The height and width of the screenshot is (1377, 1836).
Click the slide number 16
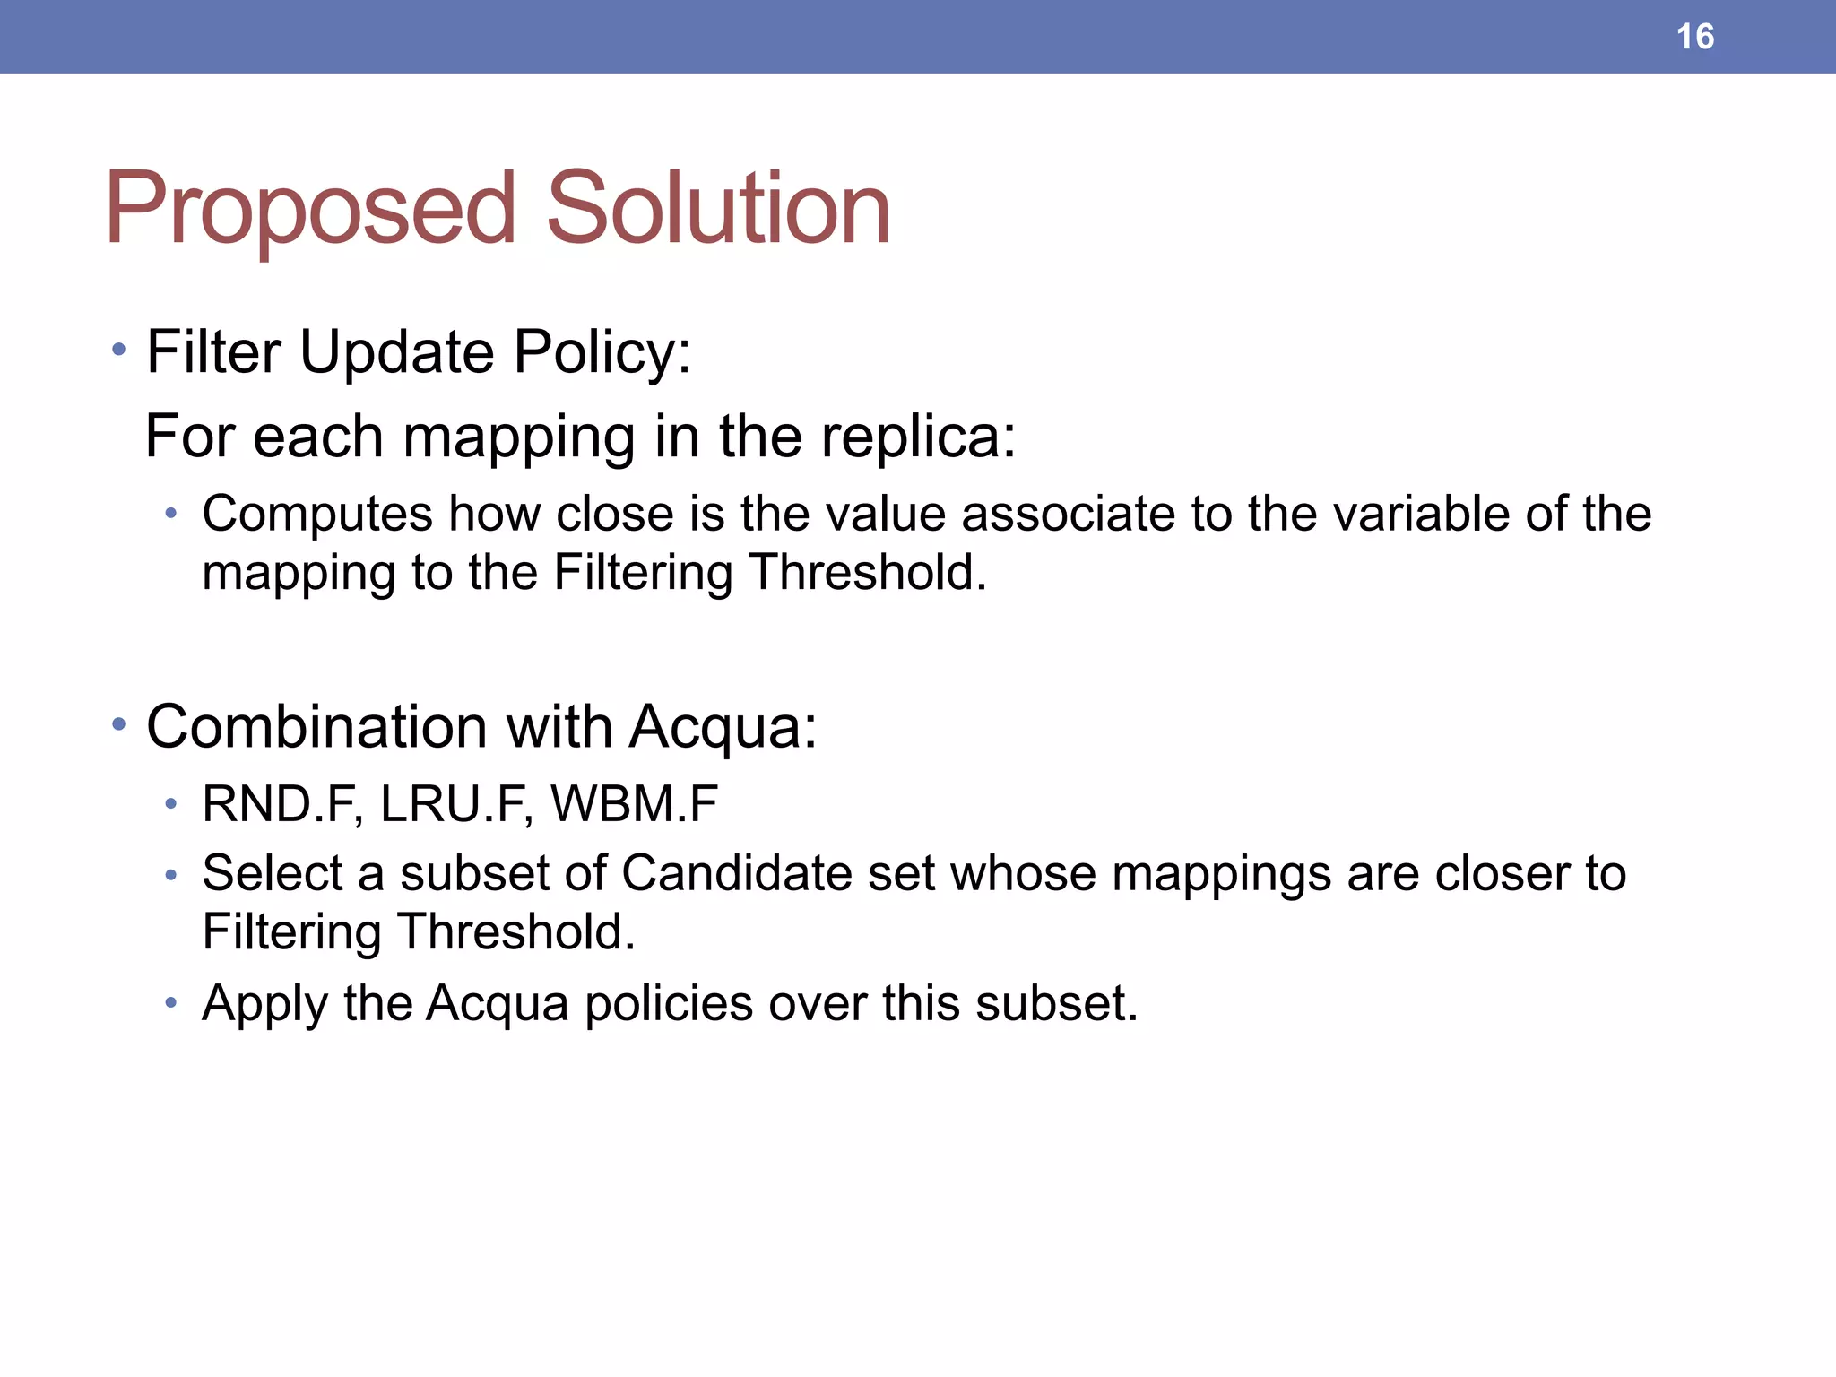coord(1694,37)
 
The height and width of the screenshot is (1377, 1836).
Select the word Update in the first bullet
coord(396,351)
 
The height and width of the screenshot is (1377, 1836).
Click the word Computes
coord(317,515)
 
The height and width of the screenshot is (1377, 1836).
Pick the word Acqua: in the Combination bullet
coord(723,728)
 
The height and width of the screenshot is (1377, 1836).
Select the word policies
coord(669,1004)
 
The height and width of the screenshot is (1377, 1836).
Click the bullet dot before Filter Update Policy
coord(119,349)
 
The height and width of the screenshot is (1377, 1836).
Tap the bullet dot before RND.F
coord(171,804)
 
